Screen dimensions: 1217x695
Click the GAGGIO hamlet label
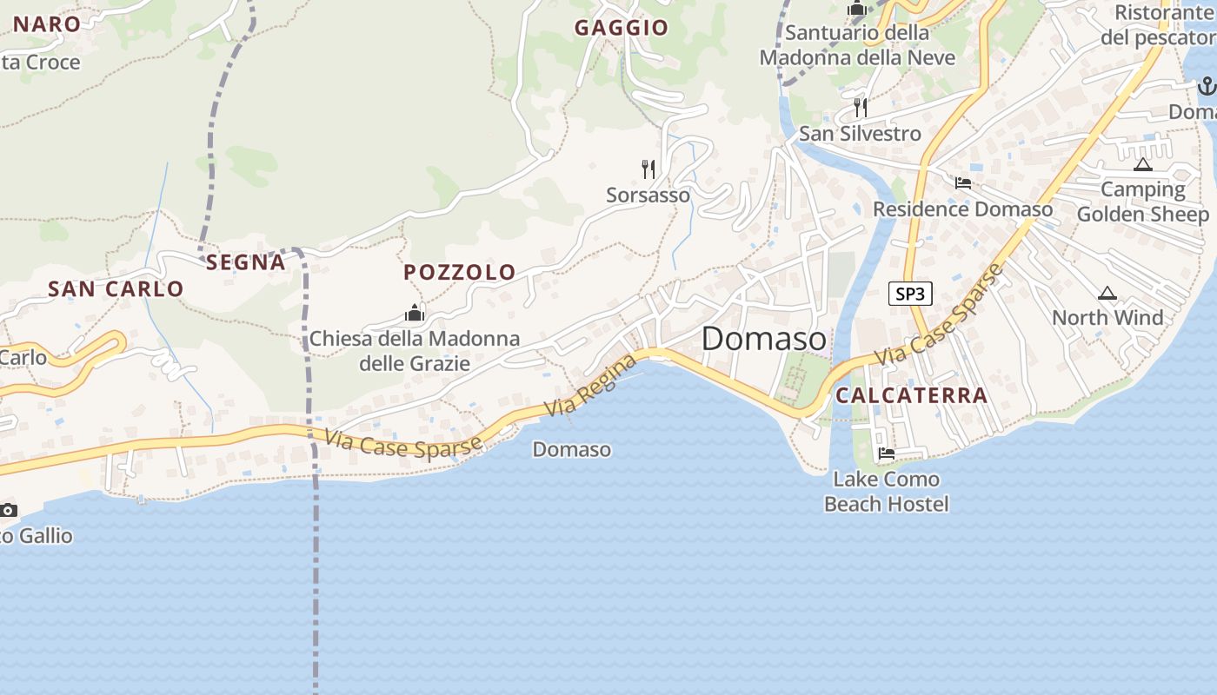(x=621, y=28)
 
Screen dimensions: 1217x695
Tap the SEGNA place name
(x=246, y=261)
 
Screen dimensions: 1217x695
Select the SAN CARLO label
(x=116, y=288)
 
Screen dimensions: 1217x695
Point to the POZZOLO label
(x=460, y=272)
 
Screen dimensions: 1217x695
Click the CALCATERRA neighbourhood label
(x=912, y=395)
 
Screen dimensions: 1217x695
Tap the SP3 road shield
(x=910, y=294)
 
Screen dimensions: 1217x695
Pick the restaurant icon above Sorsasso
(x=648, y=169)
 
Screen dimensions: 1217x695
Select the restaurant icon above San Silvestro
(x=861, y=108)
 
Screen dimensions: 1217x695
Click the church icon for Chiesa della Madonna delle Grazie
(x=415, y=313)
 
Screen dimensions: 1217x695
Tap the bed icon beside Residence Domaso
(x=963, y=183)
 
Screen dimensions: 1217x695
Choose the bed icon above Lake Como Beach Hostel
(x=887, y=453)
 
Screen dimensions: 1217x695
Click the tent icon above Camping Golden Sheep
(x=1142, y=164)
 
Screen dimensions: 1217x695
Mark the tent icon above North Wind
(x=1107, y=294)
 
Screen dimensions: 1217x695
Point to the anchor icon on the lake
(x=1207, y=85)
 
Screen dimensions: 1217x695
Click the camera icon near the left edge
(x=9, y=510)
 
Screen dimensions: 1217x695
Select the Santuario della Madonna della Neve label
(x=857, y=45)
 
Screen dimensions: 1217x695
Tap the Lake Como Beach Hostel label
(x=886, y=492)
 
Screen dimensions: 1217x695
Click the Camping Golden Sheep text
(x=1143, y=202)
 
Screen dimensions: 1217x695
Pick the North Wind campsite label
(x=1107, y=318)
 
